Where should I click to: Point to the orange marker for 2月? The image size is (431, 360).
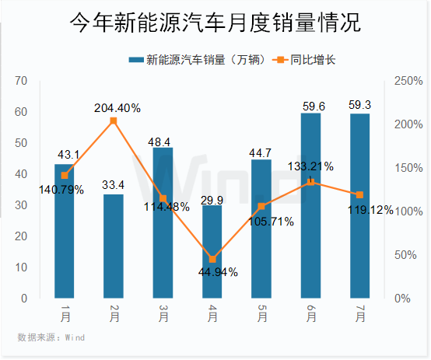114,121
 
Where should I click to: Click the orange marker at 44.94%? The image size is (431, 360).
212,259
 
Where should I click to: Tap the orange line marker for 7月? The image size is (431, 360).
359,194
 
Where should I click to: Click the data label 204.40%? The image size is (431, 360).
117,108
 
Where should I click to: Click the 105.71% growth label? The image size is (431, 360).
267,222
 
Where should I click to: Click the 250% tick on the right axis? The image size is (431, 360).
408,81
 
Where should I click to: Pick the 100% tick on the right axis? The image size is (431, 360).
408,211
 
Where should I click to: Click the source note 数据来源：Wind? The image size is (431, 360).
51,337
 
